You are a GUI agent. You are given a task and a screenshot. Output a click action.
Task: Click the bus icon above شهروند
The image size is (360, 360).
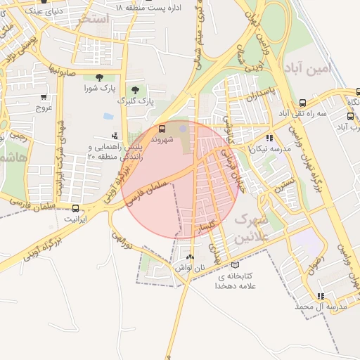click(x=162, y=129)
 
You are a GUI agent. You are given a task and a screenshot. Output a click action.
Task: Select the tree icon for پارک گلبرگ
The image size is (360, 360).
click(x=135, y=90)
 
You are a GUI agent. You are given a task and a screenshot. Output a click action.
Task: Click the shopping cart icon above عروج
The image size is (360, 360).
click(x=44, y=97)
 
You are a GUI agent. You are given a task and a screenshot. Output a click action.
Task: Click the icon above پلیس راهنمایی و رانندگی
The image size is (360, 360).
click(x=115, y=136)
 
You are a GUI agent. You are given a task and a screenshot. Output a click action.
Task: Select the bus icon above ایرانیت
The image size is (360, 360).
click(x=75, y=207)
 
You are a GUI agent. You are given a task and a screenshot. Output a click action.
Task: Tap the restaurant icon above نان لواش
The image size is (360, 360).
click(x=190, y=257)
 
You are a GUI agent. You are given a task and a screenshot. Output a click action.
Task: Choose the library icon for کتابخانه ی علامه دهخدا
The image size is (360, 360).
click(x=235, y=265)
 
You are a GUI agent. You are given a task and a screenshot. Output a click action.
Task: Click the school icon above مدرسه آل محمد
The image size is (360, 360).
click(x=321, y=296)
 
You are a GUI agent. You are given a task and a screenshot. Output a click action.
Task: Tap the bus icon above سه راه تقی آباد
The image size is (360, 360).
click(x=302, y=102)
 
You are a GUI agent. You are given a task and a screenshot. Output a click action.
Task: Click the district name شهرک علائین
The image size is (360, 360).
click(x=246, y=227)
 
